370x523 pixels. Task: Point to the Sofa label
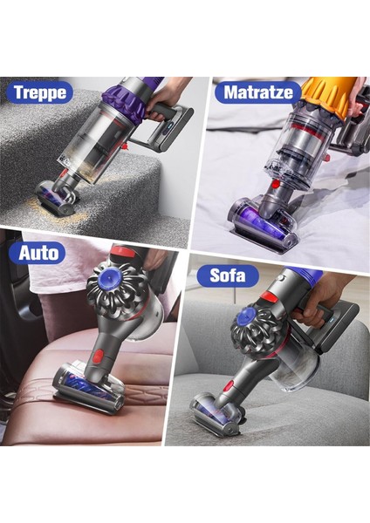pyautogui.click(x=234, y=276)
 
